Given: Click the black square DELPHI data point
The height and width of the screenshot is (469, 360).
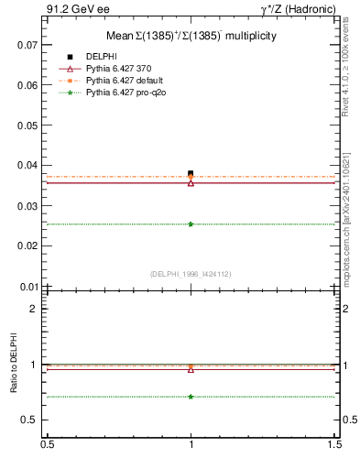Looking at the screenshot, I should pos(191,173).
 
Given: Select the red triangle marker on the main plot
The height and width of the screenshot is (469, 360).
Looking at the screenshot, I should pos(191,182).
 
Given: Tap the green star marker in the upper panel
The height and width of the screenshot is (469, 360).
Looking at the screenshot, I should pos(191,224).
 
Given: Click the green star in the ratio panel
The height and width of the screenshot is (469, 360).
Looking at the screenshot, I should pos(191,397).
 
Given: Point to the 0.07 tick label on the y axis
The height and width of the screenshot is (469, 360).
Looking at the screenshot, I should pos(27,45).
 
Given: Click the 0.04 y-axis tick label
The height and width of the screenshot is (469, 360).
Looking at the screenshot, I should pos(27,166).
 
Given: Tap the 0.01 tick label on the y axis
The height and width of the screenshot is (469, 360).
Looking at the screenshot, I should pos(27,287).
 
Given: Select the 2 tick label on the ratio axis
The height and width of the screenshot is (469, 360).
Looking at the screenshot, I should pos(34,309).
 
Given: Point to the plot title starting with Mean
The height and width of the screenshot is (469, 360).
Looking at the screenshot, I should pos(191,36).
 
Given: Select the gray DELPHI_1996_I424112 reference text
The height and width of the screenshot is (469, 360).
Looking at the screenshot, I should pos(191,274).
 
